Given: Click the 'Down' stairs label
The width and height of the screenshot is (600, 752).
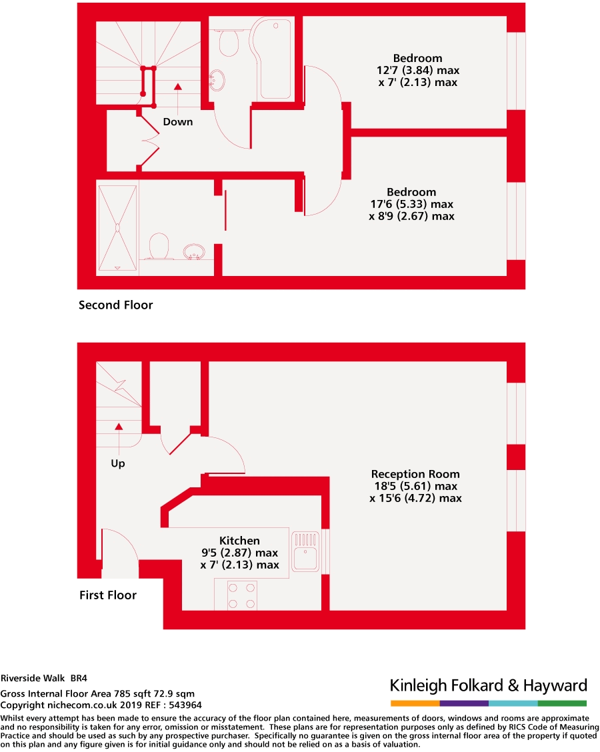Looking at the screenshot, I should click(178, 122).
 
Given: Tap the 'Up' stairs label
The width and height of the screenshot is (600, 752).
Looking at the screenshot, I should click(118, 463).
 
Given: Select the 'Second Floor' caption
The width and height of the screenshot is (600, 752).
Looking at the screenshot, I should click(116, 305).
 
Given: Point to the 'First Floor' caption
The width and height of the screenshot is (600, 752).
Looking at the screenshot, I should click(108, 595).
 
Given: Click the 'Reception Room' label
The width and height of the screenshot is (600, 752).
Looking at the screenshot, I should click(415, 474).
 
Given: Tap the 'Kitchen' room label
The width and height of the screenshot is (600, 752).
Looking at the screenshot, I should click(239, 541).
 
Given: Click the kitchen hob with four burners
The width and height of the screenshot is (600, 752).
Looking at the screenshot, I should click(243, 595).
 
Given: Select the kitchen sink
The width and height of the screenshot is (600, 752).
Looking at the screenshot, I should click(307, 551).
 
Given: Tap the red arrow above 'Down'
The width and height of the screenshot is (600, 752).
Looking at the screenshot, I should click(178, 87).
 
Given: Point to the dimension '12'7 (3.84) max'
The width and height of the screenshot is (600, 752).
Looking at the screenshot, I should click(417, 70).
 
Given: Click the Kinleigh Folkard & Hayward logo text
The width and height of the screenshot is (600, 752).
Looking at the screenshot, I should click(488, 685).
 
